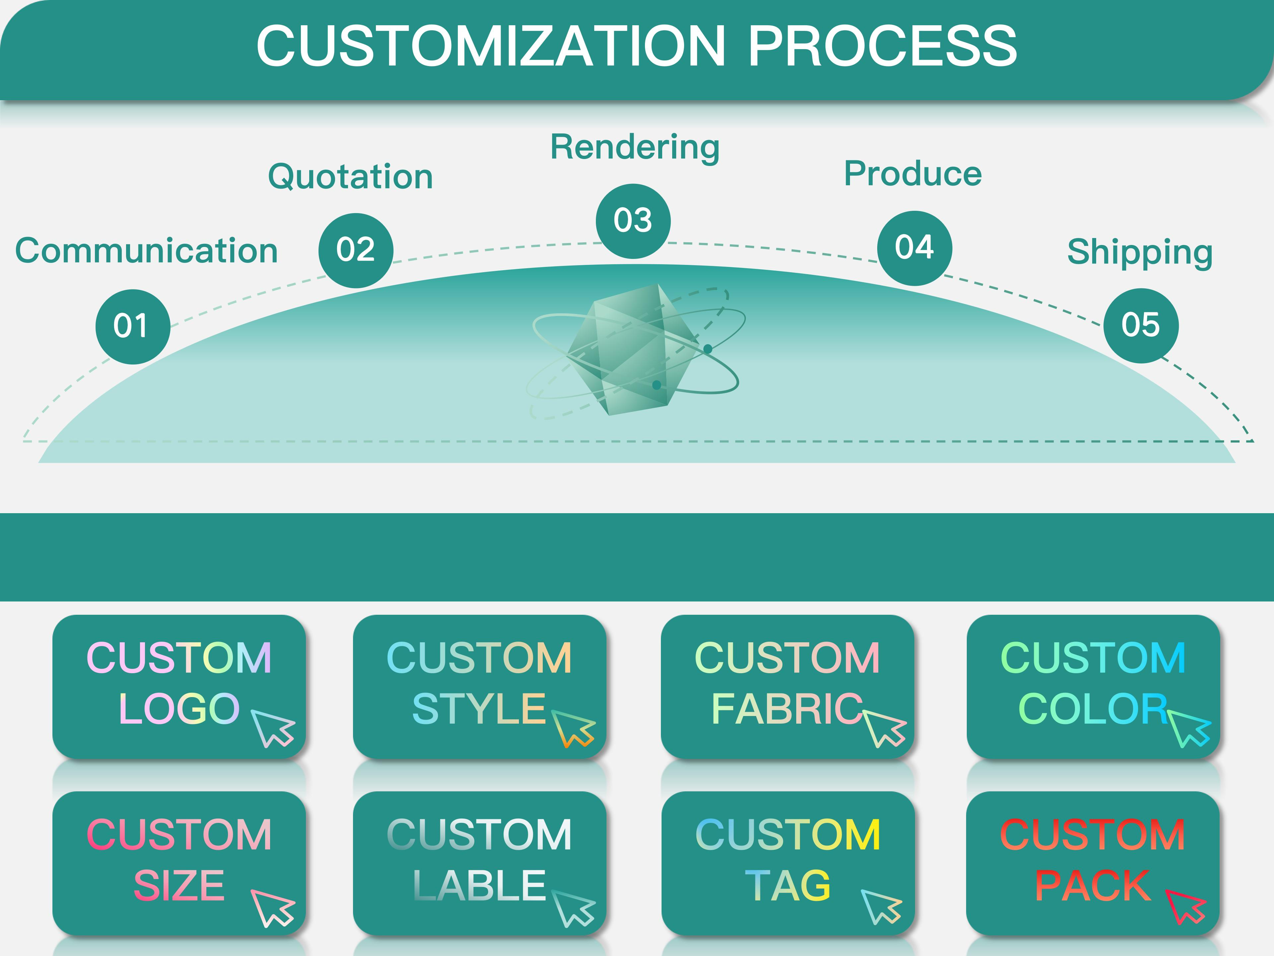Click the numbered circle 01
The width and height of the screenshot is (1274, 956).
132,326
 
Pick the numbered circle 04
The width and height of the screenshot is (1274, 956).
914,248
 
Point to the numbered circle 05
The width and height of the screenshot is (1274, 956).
1140,326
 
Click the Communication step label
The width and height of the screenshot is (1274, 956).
146,251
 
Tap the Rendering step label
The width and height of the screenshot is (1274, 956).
635,147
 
